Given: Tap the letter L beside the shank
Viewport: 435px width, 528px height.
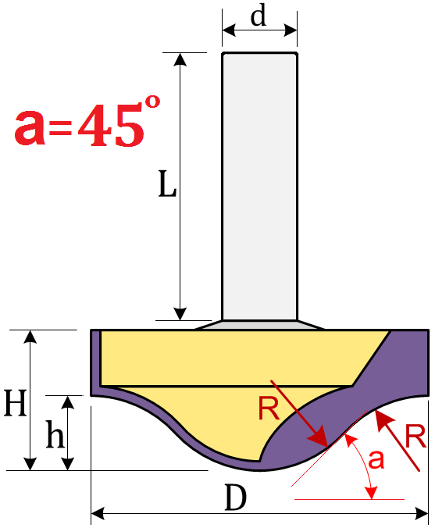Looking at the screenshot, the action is click(167, 184).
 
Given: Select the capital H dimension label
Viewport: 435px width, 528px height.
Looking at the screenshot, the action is click(15, 403).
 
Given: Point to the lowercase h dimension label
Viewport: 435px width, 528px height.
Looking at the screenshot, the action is click(55, 434).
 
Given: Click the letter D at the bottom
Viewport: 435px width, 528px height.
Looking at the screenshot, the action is click(235, 498).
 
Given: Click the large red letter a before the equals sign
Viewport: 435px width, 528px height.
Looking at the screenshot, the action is click(30, 128).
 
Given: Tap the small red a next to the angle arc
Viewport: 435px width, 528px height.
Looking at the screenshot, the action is click(376, 459).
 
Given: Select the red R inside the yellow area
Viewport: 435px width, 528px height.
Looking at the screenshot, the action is click(269, 408).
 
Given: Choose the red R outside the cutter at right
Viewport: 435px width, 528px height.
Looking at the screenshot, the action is click(415, 437).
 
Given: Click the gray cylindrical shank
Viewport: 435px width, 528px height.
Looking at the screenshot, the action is click(259, 186).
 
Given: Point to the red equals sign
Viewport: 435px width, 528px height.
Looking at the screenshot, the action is click(61, 129).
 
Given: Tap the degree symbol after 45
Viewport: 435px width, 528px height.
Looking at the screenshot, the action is click(152, 102).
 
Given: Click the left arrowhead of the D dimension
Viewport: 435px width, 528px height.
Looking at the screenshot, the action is click(98, 514).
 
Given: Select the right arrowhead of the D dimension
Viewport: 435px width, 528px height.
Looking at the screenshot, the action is click(422, 514).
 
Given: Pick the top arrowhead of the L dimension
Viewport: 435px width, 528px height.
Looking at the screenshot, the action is click(180, 59).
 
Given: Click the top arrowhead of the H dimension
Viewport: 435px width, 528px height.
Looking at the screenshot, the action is click(30, 337).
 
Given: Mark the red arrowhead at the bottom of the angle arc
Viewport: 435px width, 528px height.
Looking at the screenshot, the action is click(372, 493).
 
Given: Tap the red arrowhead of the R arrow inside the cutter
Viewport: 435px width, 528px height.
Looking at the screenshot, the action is click(318, 437).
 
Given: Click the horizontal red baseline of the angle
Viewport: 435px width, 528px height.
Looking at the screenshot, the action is click(349, 499).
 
